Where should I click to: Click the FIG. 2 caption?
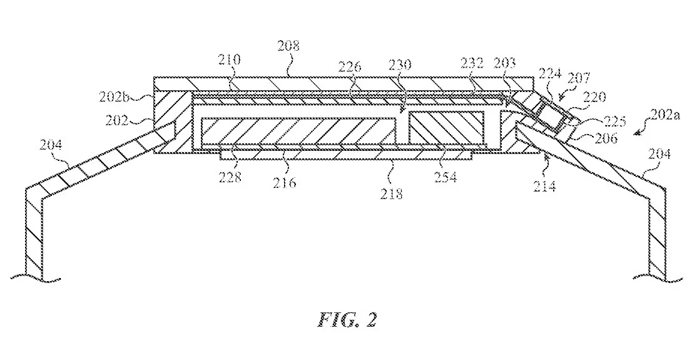click(x=347, y=321)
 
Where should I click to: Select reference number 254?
click(x=446, y=177)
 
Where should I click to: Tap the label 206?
click(x=607, y=139)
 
